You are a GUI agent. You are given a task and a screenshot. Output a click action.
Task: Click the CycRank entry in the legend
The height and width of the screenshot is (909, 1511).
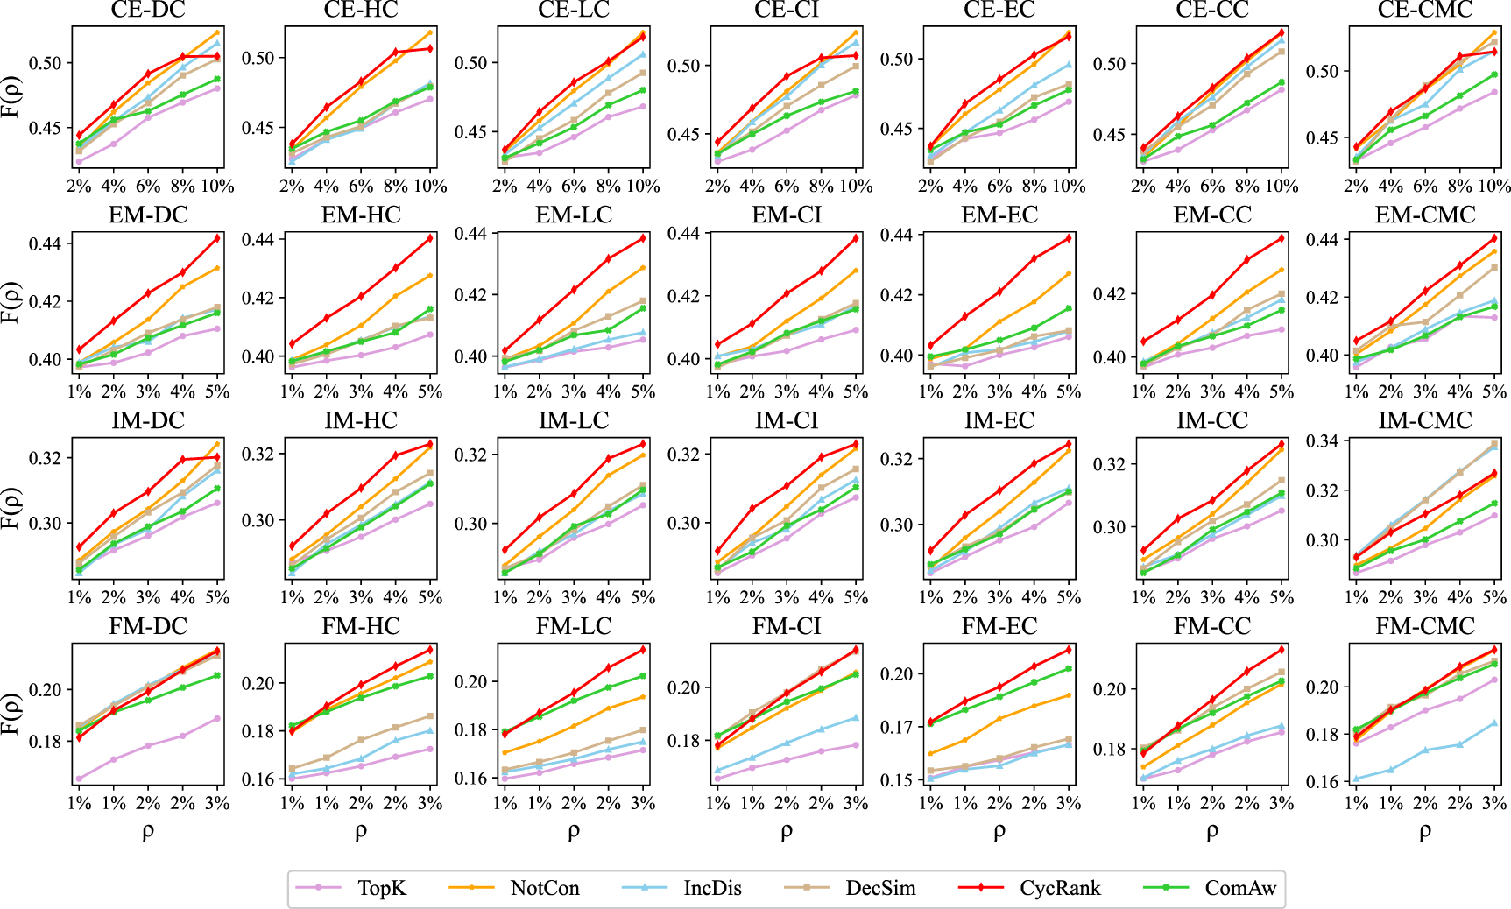point(1059,888)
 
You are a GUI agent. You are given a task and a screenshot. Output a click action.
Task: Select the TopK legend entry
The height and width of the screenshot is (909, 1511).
point(381,888)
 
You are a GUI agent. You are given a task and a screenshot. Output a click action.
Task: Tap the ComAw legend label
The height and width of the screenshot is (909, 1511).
point(1240,888)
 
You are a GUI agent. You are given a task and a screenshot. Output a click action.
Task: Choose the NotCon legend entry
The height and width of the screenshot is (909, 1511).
point(544,888)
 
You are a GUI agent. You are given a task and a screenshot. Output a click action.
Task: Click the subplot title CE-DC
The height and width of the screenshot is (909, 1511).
point(148,10)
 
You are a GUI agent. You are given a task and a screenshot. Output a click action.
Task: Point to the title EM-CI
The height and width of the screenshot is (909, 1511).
point(786,215)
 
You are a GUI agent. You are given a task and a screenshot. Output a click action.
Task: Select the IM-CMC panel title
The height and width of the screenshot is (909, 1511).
point(1424,420)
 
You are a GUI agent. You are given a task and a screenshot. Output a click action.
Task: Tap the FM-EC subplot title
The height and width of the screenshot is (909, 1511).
point(999,626)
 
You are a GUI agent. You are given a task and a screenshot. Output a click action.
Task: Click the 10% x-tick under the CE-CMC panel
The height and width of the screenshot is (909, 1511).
point(1493,186)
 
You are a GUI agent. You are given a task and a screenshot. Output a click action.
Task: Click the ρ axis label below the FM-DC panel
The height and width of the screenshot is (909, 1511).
point(148,832)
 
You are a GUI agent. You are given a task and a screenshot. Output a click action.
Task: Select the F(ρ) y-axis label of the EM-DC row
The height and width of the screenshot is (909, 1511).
point(11,302)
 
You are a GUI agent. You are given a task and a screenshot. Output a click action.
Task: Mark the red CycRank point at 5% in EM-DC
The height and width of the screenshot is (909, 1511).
point(217,238)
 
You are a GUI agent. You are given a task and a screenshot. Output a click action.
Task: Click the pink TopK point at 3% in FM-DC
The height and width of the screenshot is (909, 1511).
point(217,718)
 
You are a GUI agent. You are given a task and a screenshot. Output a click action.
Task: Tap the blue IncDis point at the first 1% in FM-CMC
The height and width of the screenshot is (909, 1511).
point(1357,779)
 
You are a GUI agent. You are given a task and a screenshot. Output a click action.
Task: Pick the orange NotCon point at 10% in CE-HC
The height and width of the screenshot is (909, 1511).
point(430,33)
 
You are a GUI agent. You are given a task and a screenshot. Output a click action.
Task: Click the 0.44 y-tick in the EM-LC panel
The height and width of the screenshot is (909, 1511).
point(471,233)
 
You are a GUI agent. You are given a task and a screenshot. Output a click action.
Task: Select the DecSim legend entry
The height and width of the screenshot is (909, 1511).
point(879,888)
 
